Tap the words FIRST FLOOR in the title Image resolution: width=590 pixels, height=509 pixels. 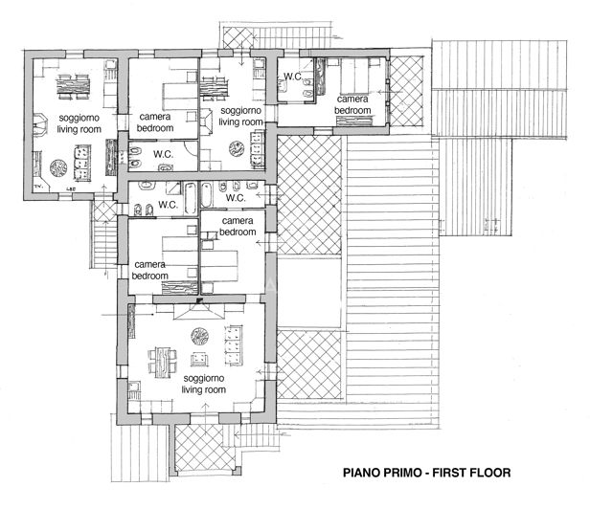click(x=470, y=473)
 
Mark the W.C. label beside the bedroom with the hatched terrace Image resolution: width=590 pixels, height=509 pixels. click(x=291, y=77)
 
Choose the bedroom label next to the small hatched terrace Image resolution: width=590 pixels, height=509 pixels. click(x=352, y=104)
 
